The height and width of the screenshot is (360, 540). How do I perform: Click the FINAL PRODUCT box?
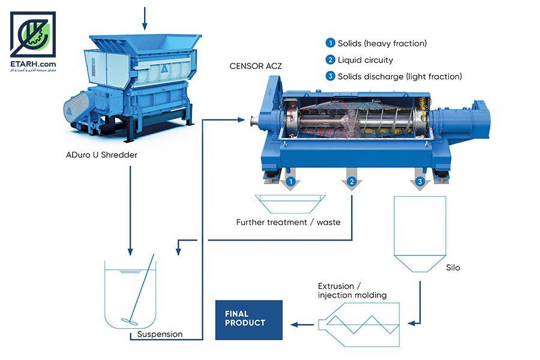tap(248, 320)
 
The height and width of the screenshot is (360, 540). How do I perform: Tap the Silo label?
tap(453, 268)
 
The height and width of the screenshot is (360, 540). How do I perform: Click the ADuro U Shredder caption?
tap(101, 155)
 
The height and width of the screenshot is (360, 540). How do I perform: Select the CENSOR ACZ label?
tap(256, 66)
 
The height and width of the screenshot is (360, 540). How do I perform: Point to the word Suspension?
tap(160, 334)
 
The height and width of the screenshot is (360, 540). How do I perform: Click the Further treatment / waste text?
tap(288, 222)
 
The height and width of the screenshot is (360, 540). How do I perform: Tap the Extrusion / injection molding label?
tap(352, 290)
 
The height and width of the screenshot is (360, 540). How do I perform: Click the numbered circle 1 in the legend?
tap(330, 43)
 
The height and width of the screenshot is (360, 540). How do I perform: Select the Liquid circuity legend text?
tap(365, 60)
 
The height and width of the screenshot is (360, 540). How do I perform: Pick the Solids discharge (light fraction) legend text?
tap(400, 76)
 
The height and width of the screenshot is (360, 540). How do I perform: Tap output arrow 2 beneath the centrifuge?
tap(352, 179)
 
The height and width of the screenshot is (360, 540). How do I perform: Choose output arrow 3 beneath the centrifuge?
tap(419, 179)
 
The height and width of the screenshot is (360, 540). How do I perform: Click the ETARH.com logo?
tap(33, 41)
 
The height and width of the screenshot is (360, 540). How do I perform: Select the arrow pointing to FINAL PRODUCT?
tap(302, 325)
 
